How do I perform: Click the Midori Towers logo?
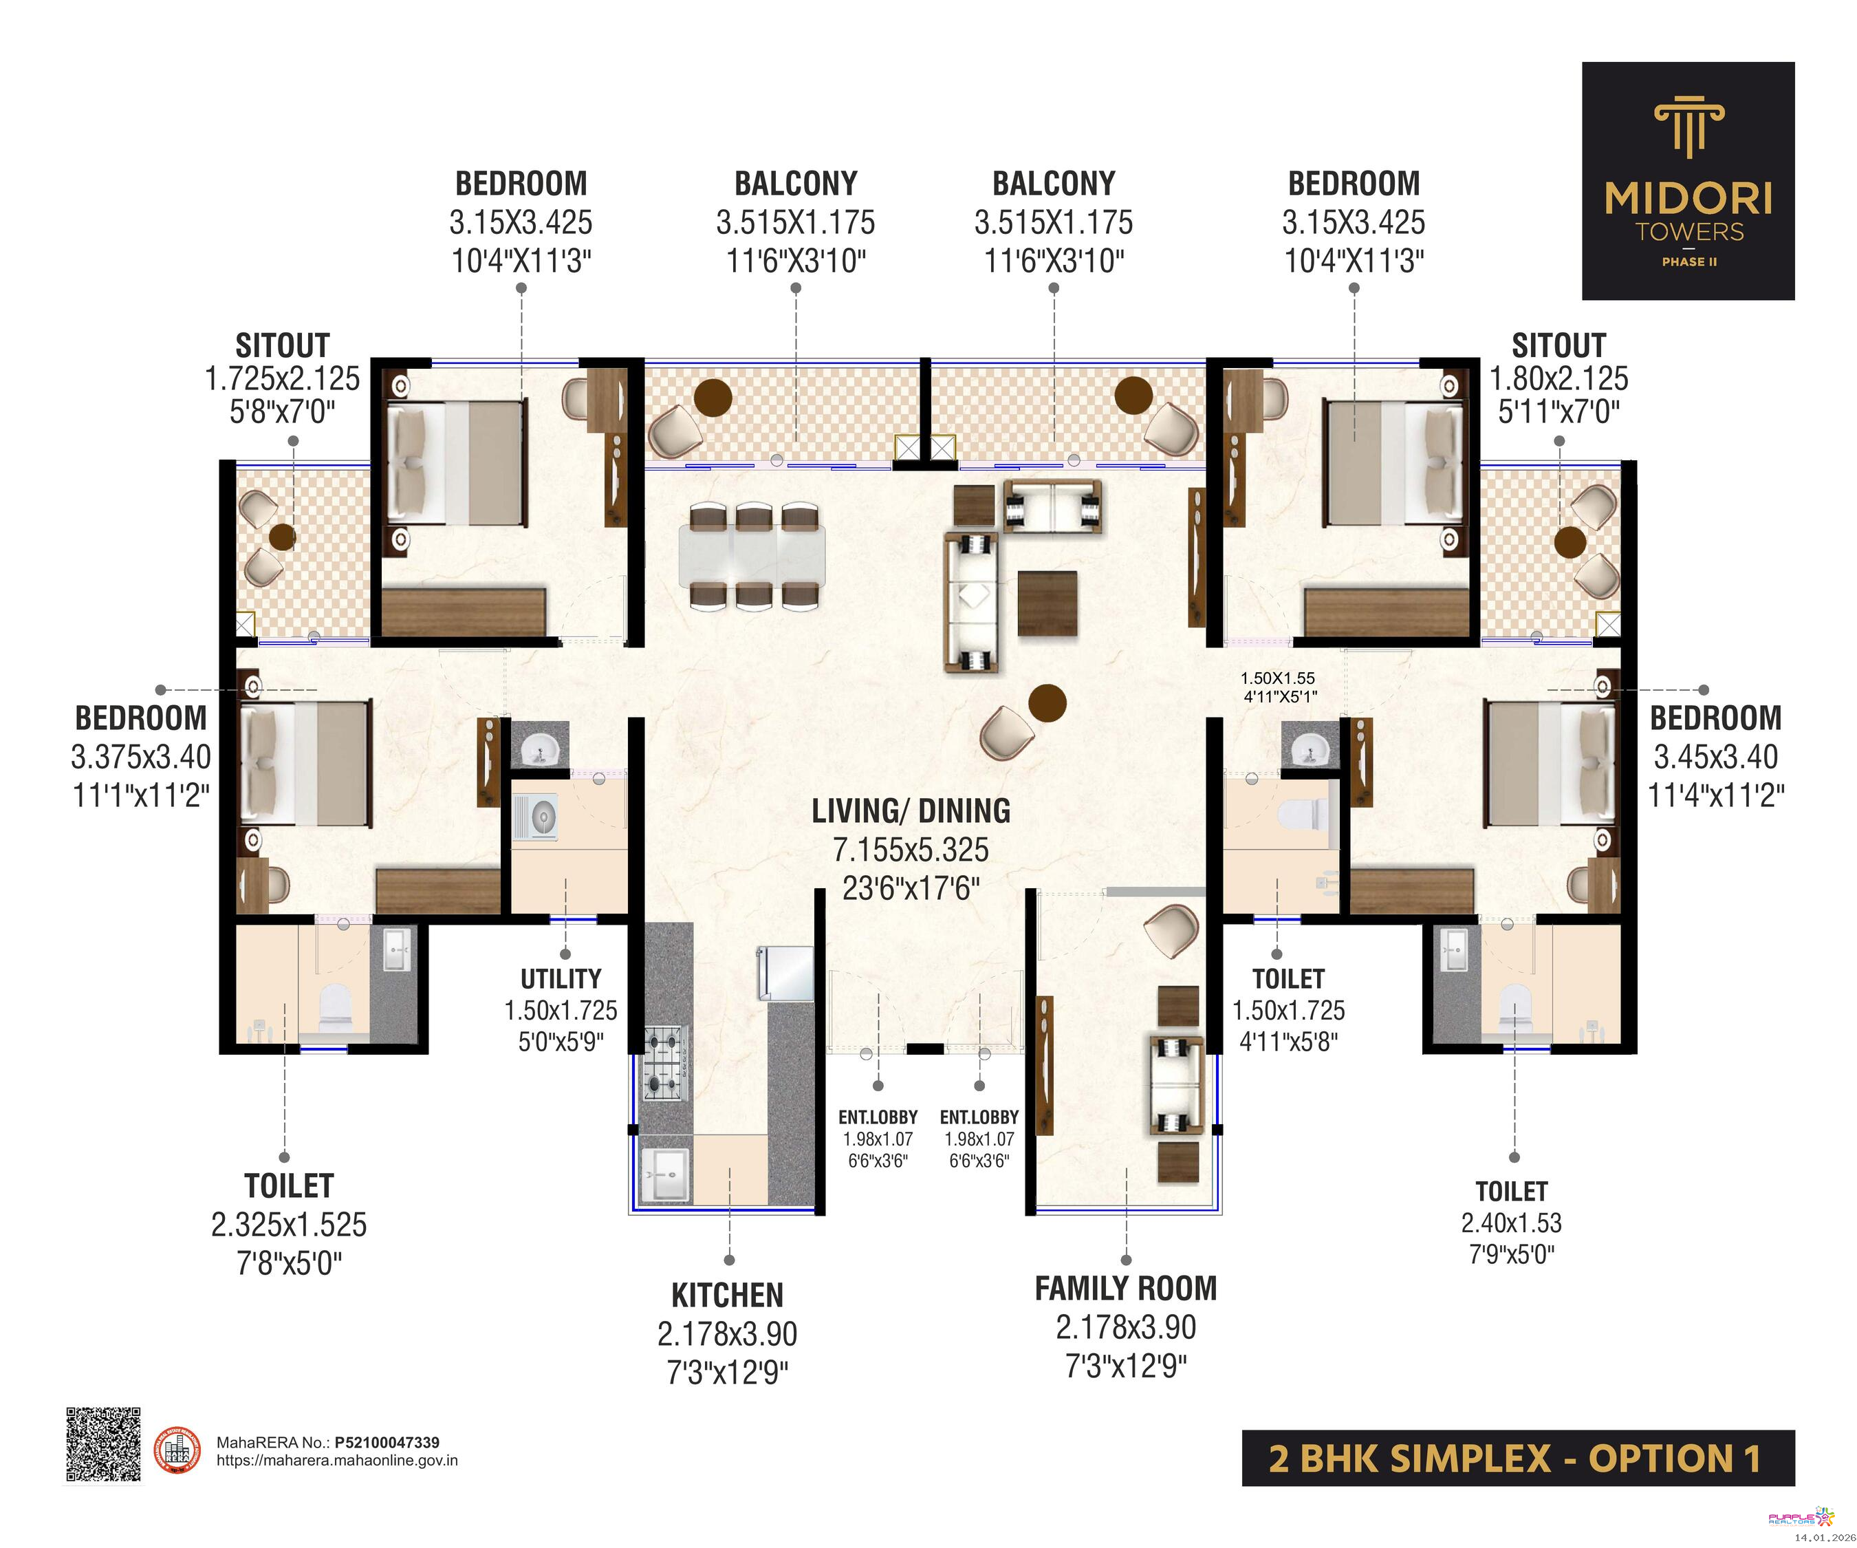[1688, 180]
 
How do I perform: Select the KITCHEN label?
[727, 1296]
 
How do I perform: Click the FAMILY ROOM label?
[1126, 1289]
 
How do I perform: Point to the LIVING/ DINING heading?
[911, 811]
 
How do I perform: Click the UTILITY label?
[561, 979]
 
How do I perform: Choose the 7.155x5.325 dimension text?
[911, 850]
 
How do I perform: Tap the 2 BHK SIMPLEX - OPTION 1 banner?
[1519, 1458]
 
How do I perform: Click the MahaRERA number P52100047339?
[387, 1443]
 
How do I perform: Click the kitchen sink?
[663, 1176]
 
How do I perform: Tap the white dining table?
[752, 555]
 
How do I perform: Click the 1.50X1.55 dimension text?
[1278, 678]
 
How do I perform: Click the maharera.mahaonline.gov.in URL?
[337, 1461]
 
